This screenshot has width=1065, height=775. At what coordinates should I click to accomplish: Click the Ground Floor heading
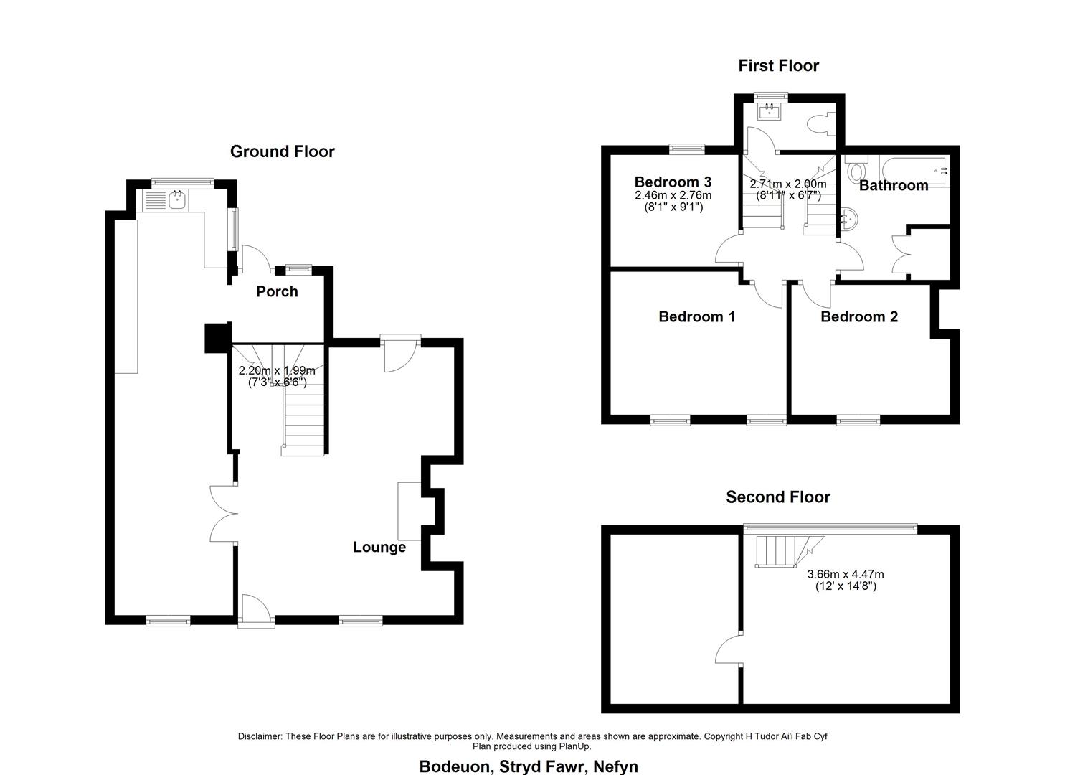click(x=283, y=151)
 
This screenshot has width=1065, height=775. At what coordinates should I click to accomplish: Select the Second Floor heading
click(x=778, y=497)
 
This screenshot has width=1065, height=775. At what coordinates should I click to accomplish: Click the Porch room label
click(x=277, y=291)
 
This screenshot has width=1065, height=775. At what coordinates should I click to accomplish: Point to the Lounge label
click(x=379, y=548)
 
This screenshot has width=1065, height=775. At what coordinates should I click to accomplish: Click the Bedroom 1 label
click(x=697, y=317)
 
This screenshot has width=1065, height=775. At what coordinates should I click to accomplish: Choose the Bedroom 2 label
click(x=859, y=317)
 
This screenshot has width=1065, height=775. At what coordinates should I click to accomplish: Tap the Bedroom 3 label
click(x=673, y=182)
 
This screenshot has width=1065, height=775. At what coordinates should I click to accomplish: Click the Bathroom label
click(x=894, y=186)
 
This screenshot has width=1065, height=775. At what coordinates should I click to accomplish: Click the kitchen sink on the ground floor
click(x=177, y=200)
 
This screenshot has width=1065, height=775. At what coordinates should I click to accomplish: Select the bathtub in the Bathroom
click(x=914, y=170)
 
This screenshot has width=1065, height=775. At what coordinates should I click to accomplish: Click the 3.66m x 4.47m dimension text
click(x=846, y=581)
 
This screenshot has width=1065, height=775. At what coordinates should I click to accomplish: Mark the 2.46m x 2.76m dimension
click(x=673, y=201)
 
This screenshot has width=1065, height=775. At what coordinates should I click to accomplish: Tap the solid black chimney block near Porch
click(x=218, y=338)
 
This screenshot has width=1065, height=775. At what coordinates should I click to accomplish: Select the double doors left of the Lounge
click(x=224, y=513)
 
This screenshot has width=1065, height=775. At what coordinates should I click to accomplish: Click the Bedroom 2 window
click(x=858, y=420)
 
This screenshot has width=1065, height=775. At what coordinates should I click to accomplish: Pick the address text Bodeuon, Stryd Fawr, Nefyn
click(x=529, y=766)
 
